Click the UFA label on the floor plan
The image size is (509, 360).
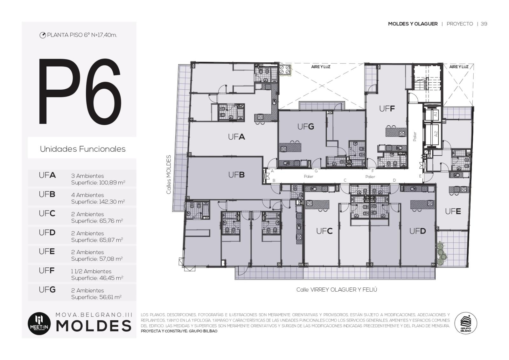click(236, 137)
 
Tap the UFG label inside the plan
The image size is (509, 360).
click(306, 127)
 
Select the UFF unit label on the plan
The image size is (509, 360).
click(387, 109)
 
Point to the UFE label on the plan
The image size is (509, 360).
click(453, 211)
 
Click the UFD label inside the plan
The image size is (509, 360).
click(417, 231)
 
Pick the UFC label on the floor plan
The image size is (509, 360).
click(324, 231)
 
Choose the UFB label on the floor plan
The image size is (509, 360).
click(236, 175)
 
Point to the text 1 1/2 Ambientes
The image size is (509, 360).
click(91, 271)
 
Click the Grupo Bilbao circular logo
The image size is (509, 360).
click(466, 323)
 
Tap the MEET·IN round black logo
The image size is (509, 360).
click(39, 323)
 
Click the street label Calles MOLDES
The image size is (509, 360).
click(168, 175)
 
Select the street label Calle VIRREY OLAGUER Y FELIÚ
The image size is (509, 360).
click(337, 290)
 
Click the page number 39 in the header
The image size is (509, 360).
click(484, 24)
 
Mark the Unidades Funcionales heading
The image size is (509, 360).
click(83, 149)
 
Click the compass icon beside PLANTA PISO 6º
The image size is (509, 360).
click(43, 35)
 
